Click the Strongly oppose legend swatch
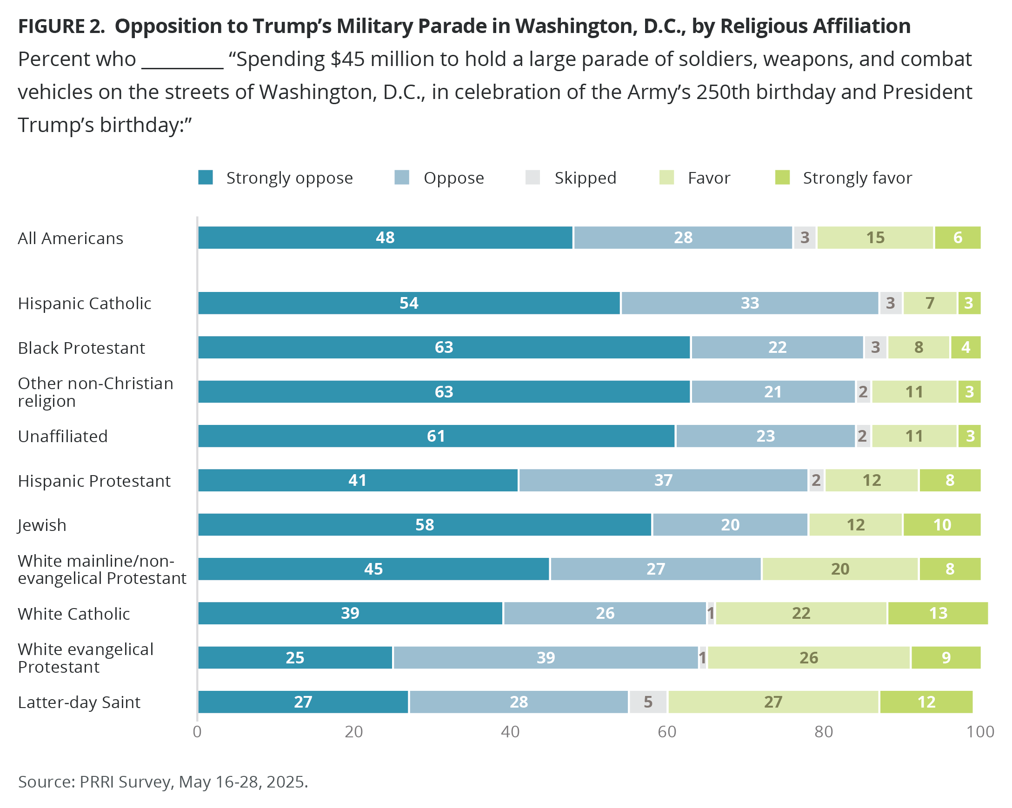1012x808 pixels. pos(206,178)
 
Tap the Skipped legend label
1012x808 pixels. pos(585,179)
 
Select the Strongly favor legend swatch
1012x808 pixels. pos(782,178)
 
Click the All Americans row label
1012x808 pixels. pos(70,238)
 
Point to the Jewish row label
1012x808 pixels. pos(42,525)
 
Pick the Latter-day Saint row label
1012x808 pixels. pos(79,702)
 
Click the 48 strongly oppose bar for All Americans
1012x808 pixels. pos(385,238)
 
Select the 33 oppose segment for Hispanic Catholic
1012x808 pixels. pos(749,303)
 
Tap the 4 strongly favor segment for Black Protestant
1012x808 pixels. pos(965,348)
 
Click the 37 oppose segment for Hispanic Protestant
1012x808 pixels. pos(663,481)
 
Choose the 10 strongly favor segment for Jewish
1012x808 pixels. pos(942,524)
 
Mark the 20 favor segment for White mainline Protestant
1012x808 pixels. pos(840,569)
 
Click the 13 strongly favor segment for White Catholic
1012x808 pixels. pos(938,613)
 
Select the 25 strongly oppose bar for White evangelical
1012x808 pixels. pos(295,658)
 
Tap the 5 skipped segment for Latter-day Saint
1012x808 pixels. pos(648,702)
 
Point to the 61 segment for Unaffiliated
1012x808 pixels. pos(436,437)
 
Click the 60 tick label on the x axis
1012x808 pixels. pos(666,732)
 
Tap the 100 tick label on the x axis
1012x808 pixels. pos(980,732)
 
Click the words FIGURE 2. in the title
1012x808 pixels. pos(61,26)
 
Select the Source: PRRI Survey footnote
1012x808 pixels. pos(162,782)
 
